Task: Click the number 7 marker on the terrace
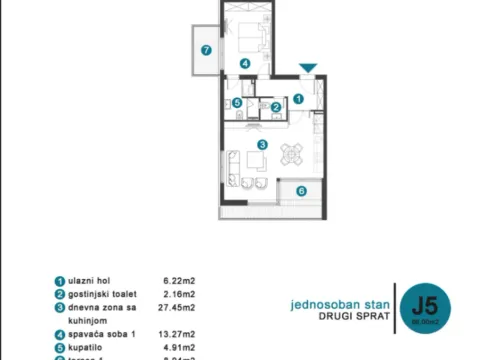206,49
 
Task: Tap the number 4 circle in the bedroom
245,63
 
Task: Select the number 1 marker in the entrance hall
298,98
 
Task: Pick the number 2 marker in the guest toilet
276,107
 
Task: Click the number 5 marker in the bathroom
237,102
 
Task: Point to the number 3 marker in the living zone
262,145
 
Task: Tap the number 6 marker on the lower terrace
301,190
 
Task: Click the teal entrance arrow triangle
309,68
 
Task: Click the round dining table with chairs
291,154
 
